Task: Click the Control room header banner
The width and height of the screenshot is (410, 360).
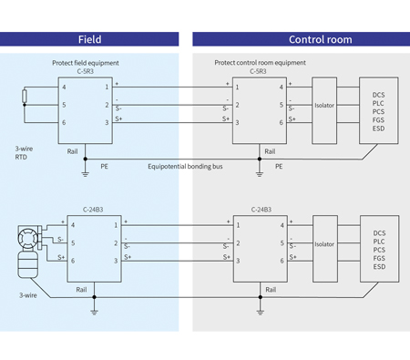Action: [x=301, y=39]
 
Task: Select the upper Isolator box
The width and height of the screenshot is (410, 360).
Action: [x=324, y=105]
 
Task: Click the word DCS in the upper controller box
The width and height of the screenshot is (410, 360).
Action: [x=379, y=94]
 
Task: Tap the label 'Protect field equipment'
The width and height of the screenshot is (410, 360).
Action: [x=86, y=63]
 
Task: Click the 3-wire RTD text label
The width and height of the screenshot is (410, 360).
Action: [x=25, y=151]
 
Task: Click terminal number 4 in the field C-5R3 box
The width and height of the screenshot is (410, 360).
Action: [x=65, y=87]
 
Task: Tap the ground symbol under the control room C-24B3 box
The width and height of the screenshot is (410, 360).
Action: [x=261, y=310]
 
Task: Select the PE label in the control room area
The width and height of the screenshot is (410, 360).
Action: [x=279, y=167]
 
